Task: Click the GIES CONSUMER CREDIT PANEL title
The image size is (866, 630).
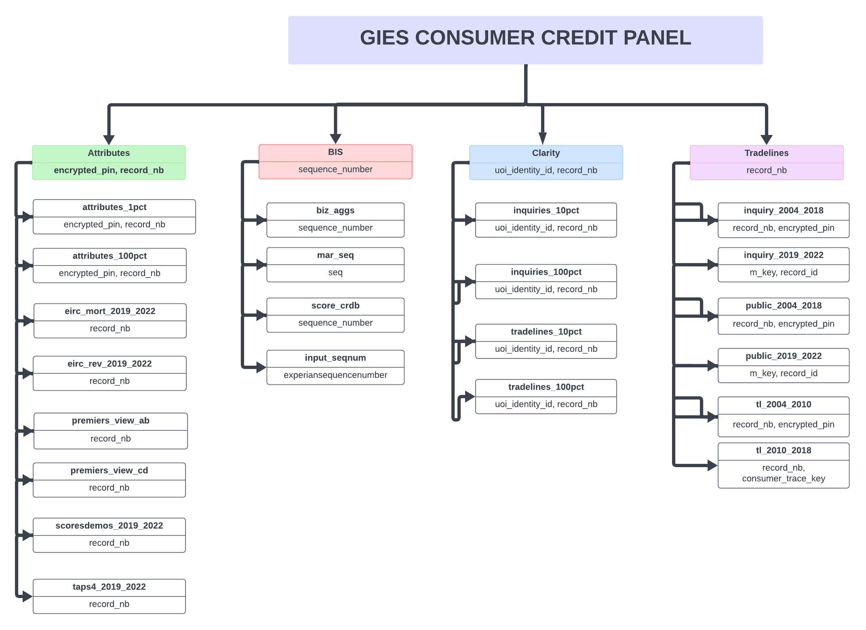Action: click(525, 38)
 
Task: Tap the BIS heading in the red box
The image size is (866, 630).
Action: click(335, 152)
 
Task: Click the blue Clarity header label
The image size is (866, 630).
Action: click(546, 153)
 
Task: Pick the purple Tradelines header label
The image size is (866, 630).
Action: click(766, 153)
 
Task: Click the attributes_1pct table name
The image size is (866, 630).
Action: click(114, 207)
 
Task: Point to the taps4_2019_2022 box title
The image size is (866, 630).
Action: click(109, 587)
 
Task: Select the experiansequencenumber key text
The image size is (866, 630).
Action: click(335, 375)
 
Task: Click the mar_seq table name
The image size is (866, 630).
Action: click(335, 255)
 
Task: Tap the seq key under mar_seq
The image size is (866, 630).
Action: click(335, 272)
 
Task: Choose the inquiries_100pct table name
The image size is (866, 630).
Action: click(546, 272)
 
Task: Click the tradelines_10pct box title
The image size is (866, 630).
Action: click(546, 332)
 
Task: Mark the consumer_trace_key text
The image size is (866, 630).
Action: click(783, 478)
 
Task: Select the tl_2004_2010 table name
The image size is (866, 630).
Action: click(783, 405)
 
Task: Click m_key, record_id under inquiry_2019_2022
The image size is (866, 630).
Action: click(783, 272)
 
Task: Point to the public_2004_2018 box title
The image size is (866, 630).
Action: click(783, 306)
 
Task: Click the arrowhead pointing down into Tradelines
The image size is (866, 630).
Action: click(766, 139)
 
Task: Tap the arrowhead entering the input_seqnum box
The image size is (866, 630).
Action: click(261, 367)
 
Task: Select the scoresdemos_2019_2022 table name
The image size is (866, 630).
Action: click(109, 526)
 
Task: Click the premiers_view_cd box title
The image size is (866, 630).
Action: click(109, 471)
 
